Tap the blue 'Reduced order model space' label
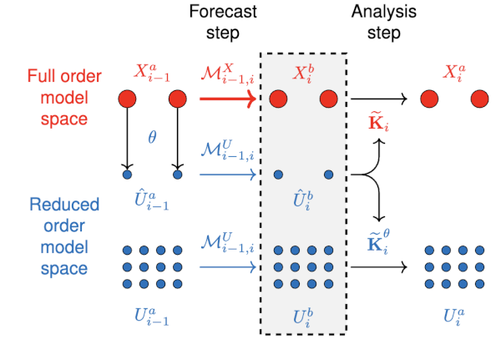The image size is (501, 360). (x=64, y=236)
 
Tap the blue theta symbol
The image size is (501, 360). (x=152, y=136)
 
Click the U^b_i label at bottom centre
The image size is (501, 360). (x=302, y=318)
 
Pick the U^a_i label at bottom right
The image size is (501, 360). (x=453, y=318)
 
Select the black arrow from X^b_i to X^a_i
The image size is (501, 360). (x=379, y=100)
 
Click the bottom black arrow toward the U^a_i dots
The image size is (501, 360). (x=379, y=267)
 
